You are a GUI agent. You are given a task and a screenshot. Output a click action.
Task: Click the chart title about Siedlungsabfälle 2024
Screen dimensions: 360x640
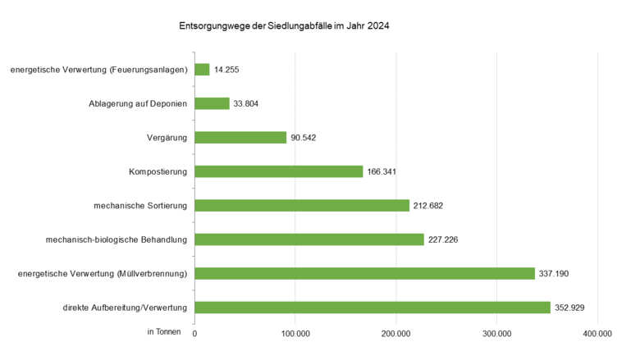tap(284, 26)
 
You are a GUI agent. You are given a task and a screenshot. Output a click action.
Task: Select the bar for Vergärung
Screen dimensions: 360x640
tap(240, 138)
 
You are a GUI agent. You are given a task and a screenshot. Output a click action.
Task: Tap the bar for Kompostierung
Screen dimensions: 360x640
tap(278, 171)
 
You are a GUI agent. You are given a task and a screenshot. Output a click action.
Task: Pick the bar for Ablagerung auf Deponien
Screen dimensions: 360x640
tap(212, 103)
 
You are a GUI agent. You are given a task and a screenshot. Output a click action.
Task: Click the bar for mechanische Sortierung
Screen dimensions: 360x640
tap(301, 205)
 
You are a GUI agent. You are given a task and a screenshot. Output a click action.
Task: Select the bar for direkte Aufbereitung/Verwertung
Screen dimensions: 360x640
tap(372, 308)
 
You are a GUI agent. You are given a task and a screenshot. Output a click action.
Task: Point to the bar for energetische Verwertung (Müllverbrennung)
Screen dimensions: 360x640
tap(364, 273)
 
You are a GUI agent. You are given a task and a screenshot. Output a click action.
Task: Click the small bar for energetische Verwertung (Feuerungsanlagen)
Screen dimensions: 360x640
tap(202, 70)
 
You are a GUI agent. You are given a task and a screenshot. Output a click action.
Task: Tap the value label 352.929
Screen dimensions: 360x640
tap(570, 308)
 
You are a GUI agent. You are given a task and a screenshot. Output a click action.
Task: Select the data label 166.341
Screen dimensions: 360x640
tap(382, 171)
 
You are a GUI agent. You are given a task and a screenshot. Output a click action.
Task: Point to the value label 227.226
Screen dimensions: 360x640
tap(444, 239)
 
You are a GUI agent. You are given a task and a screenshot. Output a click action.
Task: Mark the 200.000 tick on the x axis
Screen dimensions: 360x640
tap(396, 333)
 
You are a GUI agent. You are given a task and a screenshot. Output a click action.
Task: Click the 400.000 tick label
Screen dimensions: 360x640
tap(597, 333)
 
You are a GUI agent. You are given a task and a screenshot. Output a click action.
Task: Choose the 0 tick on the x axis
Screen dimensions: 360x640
tap(195, 333)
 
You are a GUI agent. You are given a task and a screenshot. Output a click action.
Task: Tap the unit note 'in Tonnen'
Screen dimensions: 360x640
tap(164, 331)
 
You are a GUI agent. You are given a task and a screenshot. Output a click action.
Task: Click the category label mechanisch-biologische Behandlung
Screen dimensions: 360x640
tap(117, 239)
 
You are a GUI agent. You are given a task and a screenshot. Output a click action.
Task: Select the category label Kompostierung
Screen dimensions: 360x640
tap(158, 171)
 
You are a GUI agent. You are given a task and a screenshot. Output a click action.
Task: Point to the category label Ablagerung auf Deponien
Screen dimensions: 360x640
tap(138, 103)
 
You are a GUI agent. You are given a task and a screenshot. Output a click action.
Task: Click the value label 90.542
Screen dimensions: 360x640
tap(304, 138)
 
